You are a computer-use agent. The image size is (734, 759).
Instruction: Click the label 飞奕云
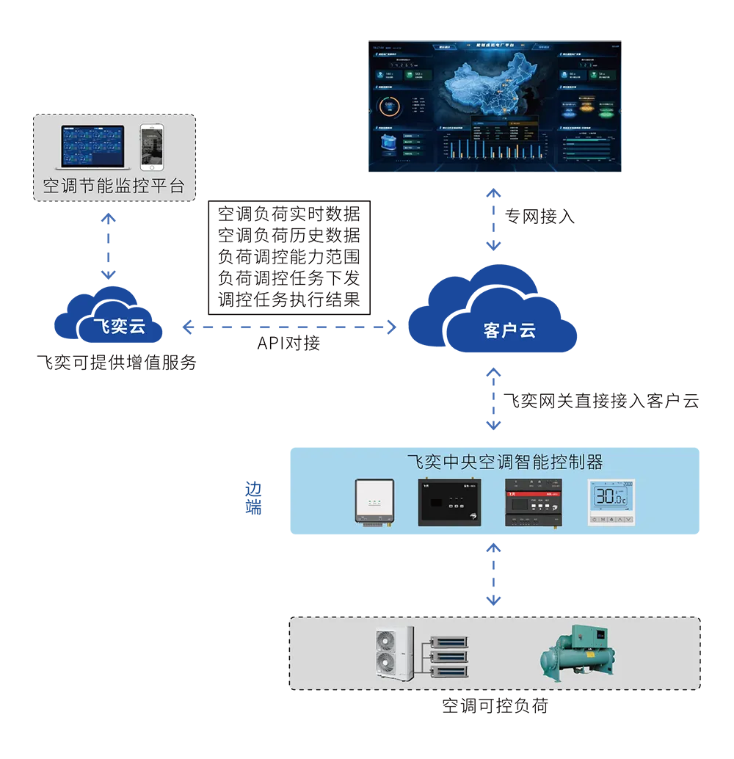point(119,327)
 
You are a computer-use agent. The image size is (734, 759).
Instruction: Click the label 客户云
point(509,330)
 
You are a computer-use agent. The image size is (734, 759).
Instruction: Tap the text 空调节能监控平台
point(113,185)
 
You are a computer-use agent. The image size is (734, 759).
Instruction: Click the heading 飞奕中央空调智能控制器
point(505,462)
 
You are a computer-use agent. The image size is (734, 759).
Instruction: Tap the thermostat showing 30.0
point(611,503)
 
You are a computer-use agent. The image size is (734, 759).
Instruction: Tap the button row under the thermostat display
point(611,519)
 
